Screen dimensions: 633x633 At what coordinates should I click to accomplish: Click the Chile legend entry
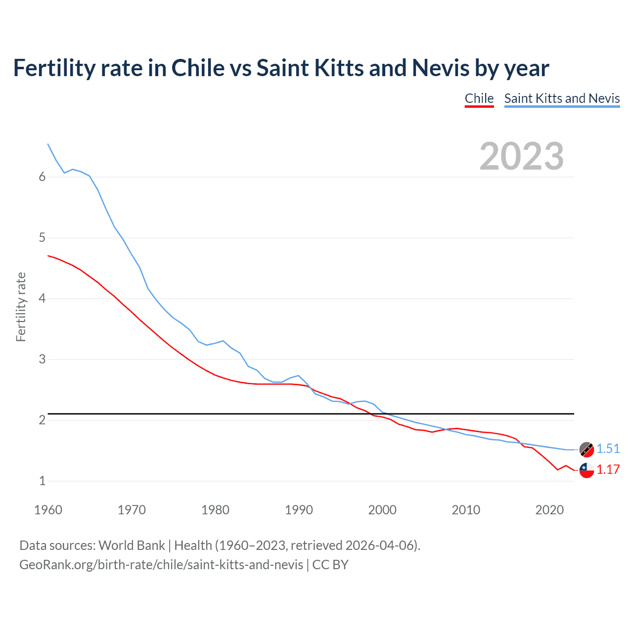pyautogui.click(x=479, y=98)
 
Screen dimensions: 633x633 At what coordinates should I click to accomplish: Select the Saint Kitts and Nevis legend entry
pyautogui.click(x=562, y=98)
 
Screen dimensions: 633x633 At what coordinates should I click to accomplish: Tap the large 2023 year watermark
pyautogui.click(x=521, y=156)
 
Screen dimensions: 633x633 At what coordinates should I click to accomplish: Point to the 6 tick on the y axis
pyautogui.click(x=42, y=177)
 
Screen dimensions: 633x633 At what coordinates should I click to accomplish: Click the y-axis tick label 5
pyautogui.click(x=42, y=238)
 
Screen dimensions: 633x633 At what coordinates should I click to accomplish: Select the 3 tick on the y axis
pyautogui.click(x=42, y=360)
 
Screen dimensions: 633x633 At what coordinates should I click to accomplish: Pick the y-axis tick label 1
pyautogui.click(x=42, y=481)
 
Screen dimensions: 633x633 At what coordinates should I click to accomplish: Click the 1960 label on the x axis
pyautogui.click(x=48, y=510)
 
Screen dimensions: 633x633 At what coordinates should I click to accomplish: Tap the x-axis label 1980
pyautogui.click(x=215, y=510)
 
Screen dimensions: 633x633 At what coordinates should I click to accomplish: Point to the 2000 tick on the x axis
pyautogui.click(x=382, y=510)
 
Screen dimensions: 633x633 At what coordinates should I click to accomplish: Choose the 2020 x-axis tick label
pyautogui.click(x=549, y=510)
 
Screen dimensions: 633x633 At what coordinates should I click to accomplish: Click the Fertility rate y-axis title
pyautogui.click(x=21, y=307)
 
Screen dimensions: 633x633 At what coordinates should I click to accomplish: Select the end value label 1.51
pyautogui.click(x=608, y=449)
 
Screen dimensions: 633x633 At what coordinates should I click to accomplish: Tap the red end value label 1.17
pyautogui.click(x=608, y=469)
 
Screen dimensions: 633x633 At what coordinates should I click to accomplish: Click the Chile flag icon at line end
pyautogui.click(x=587, y=470)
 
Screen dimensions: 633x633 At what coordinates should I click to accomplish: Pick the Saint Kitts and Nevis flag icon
pyautogui.click(x=587, y=450)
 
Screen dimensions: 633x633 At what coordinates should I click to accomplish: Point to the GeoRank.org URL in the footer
pyautogui.click(x=161, y=564)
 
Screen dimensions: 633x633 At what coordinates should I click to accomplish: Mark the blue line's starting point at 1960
pyautogui.click(x=48, y=144)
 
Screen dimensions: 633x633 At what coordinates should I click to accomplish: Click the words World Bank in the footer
pyautogui.click(x=132, y=545)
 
